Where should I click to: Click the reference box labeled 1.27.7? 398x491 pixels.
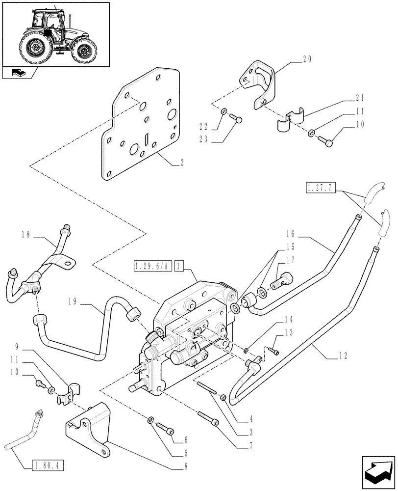click(x=320, y=187)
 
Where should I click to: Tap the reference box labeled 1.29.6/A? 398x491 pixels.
click(x=151, y=267)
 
